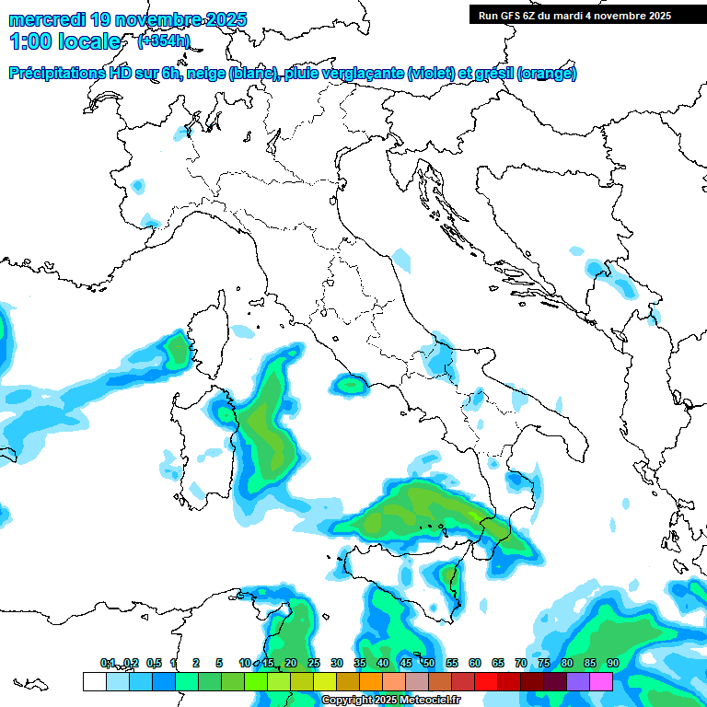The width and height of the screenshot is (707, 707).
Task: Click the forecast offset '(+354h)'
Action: (x=164, y=41)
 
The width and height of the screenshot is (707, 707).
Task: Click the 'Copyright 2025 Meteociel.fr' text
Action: (x=390, y=700)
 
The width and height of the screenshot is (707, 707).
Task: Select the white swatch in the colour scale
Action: (x=94, y=681)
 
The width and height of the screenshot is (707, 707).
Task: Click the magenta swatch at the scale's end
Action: (x=601, y=681)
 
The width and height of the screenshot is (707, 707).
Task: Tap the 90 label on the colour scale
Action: (x=612, y=664)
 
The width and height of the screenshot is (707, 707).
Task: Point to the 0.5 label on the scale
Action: (x=154, y=664)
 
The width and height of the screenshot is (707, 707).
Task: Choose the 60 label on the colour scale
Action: (x=475, y=664)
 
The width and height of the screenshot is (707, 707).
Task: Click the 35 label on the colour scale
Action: (x=360, y=664)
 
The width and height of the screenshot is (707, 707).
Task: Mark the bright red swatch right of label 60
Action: (x=486, y=681)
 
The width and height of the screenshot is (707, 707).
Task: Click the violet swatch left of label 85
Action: (x=578, y=681)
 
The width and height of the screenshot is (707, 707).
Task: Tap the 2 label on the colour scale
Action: (x=196, y=664)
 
